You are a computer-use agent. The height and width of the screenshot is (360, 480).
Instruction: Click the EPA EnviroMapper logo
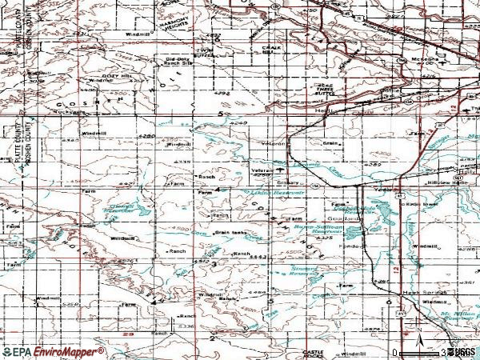53,352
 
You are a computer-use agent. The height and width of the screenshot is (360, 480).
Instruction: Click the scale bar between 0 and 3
421,352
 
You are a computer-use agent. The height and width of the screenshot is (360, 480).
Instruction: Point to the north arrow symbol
418,333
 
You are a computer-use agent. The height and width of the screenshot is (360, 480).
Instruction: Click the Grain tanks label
230,233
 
